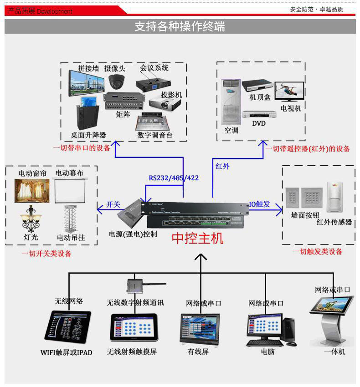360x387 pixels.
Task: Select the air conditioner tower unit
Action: click(231, 102)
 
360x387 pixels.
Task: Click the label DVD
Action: click(258, 123)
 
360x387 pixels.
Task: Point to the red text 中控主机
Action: click(197, 238)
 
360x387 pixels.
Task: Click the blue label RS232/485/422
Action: click(174, 178)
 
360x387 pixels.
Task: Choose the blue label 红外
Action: click(222, 166)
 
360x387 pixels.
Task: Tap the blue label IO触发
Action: click(259, 204)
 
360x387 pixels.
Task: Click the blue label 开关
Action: click(113, 204)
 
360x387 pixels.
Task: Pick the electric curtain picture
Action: click(32, 190)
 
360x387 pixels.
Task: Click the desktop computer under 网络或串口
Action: click(269, 329)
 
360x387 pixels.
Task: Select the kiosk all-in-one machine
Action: click(331, 319)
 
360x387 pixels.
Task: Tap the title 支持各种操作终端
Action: click(180, 26)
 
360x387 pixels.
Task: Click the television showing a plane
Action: click(289, 92)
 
